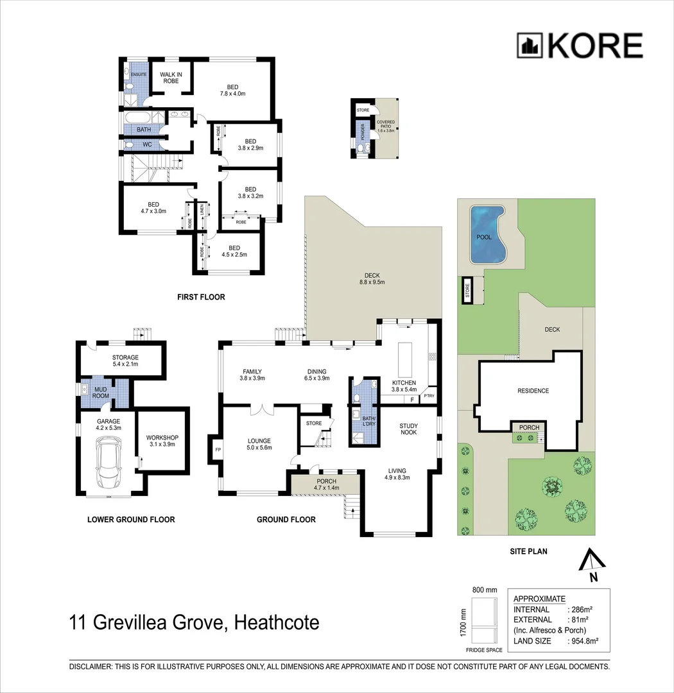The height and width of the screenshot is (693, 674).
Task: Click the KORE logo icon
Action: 530,46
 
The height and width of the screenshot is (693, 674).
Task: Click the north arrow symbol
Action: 592,563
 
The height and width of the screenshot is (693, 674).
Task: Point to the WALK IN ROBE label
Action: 171,78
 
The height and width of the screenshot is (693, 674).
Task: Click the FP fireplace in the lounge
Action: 218,450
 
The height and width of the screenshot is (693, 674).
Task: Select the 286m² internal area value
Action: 582,609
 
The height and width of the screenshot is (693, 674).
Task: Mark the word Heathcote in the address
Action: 277,622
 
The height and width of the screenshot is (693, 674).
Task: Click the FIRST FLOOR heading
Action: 201,297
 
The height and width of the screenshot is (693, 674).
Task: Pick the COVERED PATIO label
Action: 385,124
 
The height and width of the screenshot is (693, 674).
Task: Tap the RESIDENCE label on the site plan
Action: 533,391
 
